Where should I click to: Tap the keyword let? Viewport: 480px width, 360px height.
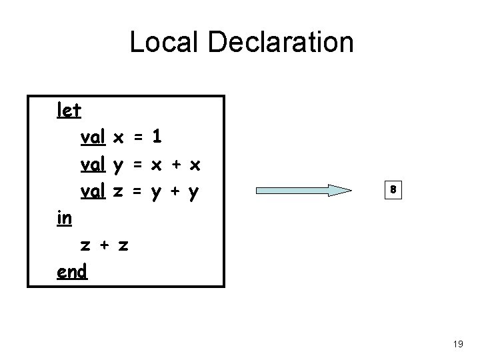tap(69, 110)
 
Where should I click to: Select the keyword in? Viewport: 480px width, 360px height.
tap(65, 218)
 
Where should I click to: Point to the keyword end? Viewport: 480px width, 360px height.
tap(72, 272)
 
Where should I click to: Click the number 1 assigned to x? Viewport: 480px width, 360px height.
tap(156, 137)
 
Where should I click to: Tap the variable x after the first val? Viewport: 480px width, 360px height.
tap(119, 138)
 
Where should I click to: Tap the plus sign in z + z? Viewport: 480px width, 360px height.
tap(105, 246)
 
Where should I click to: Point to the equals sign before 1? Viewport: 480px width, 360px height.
tap(138, 138)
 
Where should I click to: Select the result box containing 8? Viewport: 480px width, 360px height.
tap(394, 190)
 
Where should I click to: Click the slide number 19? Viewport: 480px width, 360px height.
tap(458, 344)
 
